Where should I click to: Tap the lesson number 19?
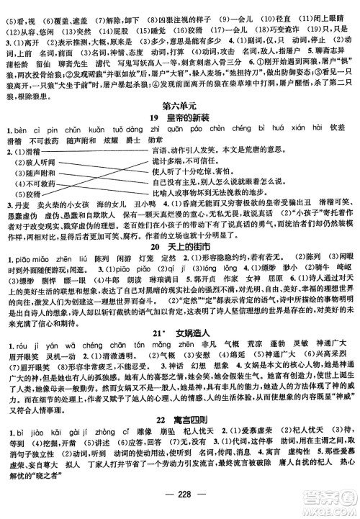(154, 118)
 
